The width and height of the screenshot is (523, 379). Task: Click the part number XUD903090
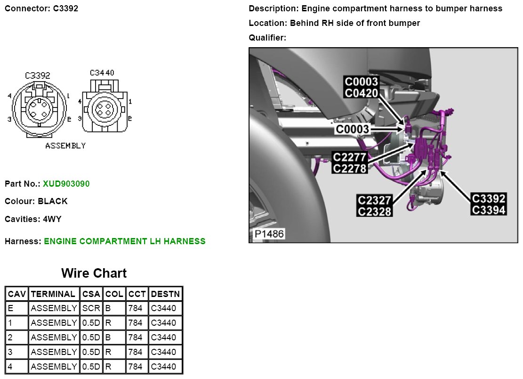click(x=66, y=183)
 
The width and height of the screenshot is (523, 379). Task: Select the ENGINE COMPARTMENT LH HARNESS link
click(x=125, y=241)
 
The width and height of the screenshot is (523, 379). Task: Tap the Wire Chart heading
click(x=94, y=273)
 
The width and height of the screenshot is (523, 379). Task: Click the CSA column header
click(x=91, y=294)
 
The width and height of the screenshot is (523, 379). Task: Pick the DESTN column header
click(x=165, y=294)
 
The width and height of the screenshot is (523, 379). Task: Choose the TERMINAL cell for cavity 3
click(x=54, y=352)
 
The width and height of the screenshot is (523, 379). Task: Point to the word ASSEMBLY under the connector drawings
click(x=65, y=146)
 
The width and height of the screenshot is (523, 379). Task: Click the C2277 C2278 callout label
click(x=349, y=162)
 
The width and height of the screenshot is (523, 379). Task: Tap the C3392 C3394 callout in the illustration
click(x=488, y=204)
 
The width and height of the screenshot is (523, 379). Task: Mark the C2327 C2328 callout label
click(x=374, y=206)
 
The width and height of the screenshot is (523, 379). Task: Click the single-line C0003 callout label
click(x=353, y=129)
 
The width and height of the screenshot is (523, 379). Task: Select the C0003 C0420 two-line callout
click(x=362, y=88)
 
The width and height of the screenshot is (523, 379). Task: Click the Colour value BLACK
click(x=53, y=201)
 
